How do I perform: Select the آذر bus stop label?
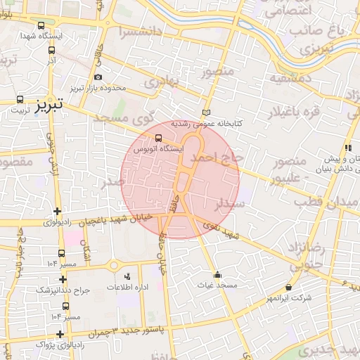[x=52, y=61]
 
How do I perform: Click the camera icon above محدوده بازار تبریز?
[x=97, y=77]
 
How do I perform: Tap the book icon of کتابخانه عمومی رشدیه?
[x=205, y=112]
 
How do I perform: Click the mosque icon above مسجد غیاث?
[x=217, y=275]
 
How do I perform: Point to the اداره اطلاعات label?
[x=127, y=288]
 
